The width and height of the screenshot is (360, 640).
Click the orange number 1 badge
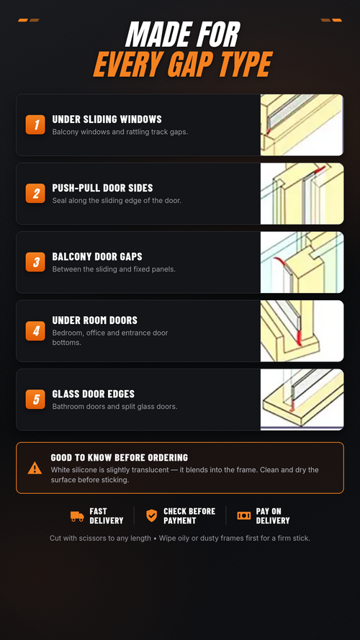click(x=35, y=125)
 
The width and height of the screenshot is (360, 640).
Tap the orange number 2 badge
click(x=35, y=193)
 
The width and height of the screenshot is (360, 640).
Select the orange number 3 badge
click(x=35, y=262)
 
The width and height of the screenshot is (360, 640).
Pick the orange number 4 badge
click(x=35, y=330)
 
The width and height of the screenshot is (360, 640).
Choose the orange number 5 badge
click(x=35, y=399)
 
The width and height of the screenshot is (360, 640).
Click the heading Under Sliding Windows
click(x=107, y=120)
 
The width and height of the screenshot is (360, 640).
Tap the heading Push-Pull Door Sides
click(x=102, y=188)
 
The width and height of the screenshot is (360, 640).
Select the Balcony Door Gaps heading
click(x=97, y=256)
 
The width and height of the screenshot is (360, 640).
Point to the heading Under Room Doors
click(x=95, y=320)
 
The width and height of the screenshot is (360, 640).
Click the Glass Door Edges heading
click(x=94, y=394)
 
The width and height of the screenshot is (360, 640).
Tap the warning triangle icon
click(x=35, y=468)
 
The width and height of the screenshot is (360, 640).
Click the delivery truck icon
click(x=77, y=516)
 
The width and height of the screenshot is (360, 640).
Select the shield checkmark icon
click(x=151, y=515)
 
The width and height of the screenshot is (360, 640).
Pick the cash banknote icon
click(x=243, y=515)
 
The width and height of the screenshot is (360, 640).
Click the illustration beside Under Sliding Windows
click(x=302, y=125)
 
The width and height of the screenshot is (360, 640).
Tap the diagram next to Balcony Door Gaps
click(x=302, y=262)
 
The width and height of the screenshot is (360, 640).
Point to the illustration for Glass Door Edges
click(x=302, y=400)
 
